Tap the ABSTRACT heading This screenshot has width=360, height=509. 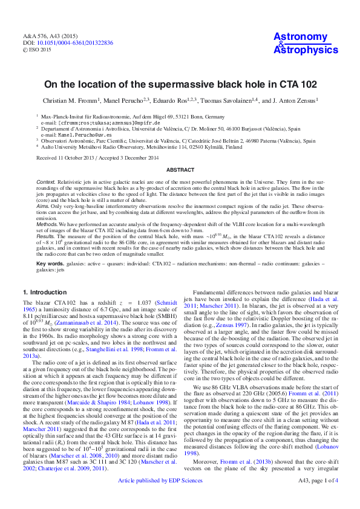point(180,170)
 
